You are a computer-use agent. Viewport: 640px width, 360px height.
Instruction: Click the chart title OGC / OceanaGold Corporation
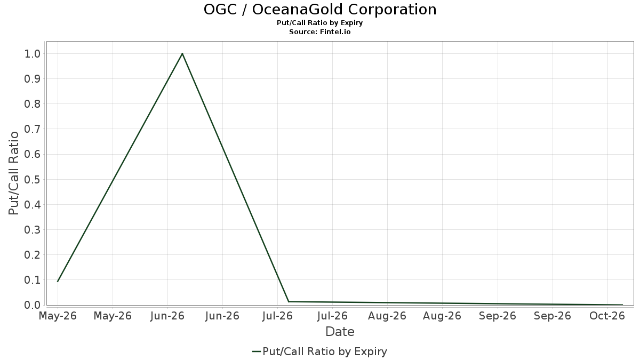(x=320, y=10)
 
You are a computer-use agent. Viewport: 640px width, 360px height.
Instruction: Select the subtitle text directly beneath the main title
(x=319, y=23)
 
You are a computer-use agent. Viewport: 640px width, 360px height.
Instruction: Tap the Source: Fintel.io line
(x=319, y=31)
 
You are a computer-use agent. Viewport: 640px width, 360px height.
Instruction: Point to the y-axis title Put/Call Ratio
(x=13, y=173)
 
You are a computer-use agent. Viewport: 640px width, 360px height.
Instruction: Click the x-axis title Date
(x=340, y=332)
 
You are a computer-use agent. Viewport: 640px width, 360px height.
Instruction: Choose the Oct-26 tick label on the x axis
(x=607, y=316)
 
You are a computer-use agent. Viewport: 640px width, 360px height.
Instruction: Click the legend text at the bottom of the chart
(x=325, y=351)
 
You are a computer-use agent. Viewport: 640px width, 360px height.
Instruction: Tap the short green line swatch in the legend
(x=257, y=351)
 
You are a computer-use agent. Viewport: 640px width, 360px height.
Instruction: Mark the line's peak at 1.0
(x=182, y=53)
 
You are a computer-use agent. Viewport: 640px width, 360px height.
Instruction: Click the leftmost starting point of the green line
(x=58, y=282)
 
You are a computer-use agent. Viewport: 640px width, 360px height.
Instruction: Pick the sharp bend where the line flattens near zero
(x=289, y=301)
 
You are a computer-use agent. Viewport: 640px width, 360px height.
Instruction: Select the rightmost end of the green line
(x=622, y=305)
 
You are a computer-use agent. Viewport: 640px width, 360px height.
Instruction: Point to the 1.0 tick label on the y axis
(x=33, y=54)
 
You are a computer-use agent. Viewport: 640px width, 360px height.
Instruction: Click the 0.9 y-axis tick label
(x=33, y=79)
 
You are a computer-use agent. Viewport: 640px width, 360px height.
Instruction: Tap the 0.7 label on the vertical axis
(x=33, y=129)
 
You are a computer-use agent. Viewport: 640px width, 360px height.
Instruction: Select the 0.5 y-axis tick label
(x=33, y=179)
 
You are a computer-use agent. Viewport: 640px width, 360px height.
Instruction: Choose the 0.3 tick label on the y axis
(x=33, y=230)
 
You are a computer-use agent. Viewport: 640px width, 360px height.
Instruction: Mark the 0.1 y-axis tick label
(x=33, y=280)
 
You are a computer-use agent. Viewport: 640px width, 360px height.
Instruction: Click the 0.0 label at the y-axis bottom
(x=33, y=305)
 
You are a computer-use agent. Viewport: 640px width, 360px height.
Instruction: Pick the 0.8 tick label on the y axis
(x=33, y=104)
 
